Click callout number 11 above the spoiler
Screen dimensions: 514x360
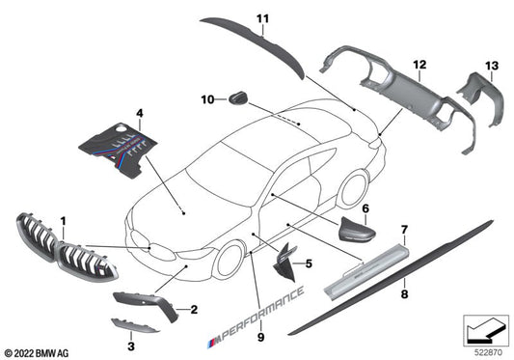click(x=262, y=18)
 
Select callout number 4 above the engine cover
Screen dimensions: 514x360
click(x=140, y=114)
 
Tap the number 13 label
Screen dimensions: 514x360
click(x=492, y=66)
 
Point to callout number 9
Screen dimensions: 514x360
click(x=260, y=337)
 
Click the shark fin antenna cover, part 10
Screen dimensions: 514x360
click(x=238, y=98)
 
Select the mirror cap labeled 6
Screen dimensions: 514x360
click(x=356, y=230)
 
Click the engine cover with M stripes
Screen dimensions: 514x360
click(x=119, y=150)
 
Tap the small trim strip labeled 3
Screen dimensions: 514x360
click(x=134, y=325)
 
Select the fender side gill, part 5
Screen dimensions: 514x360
click(x=284, y=263)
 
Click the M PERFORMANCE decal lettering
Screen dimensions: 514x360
click(x=256, y=317)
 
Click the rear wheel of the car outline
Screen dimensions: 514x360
click(x=355, y=189)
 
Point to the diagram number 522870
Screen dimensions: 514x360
click(x=488, y=353)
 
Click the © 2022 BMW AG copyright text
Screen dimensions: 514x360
click(x=37, y=353)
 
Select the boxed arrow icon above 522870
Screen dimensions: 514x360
click(x=486, y=330)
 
